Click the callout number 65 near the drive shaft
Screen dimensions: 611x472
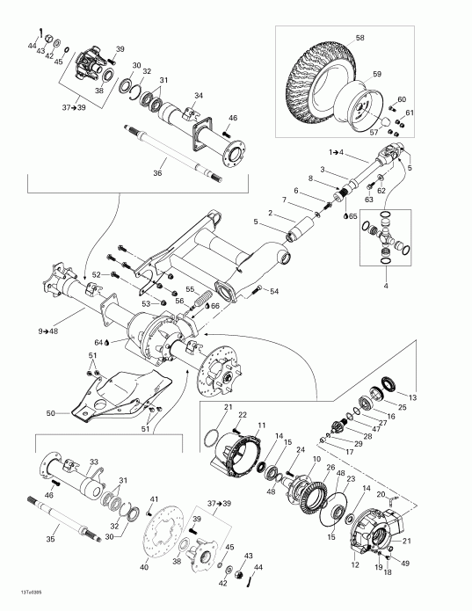pos(352,215)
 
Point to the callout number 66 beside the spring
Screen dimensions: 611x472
pos(214,305)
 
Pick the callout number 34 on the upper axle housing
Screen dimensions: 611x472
pos(199,95)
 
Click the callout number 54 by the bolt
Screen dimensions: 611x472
pos(274,291)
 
